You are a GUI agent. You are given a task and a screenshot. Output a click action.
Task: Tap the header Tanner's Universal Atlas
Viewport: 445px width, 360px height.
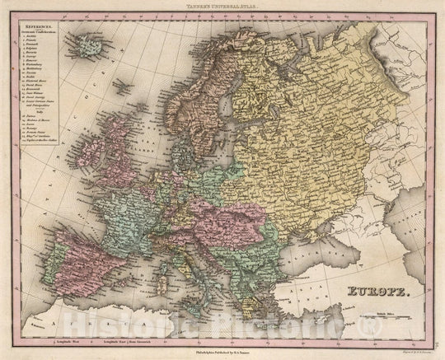click(222, 7)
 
